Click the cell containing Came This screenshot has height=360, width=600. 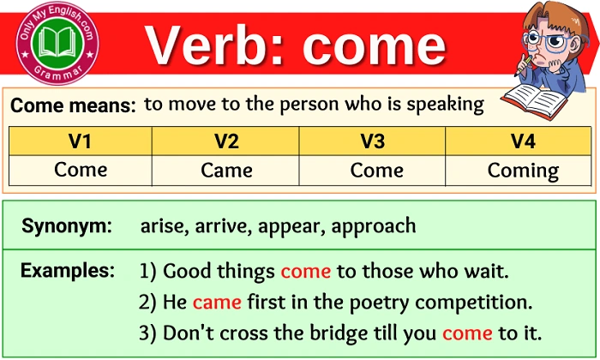pyautogui.click(x=225, y=170)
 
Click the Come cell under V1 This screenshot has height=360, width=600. pyautogui.click(x=81, y=170)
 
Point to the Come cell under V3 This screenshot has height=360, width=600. pyautogui.click(x=372, y=170)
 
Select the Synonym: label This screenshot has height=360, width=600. pyautogui.click(x=67, y=226)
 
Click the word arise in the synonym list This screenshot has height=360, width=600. pyautogui.click(x=160, y=226)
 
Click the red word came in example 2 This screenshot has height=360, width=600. pyautogui.click(x=217, y=303)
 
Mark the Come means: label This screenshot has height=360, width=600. pyautogui.click(x=73, y=106)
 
